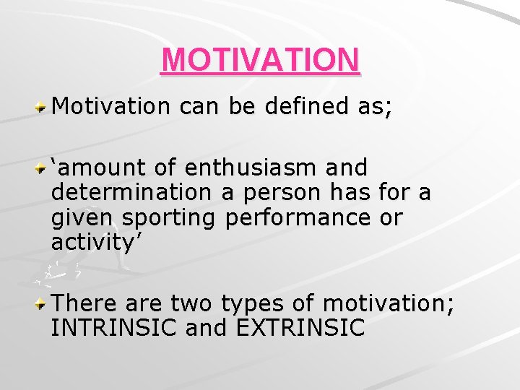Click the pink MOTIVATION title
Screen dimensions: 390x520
click(x=260, y=61)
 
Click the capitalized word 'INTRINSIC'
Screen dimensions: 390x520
click(x=114, y=329)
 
